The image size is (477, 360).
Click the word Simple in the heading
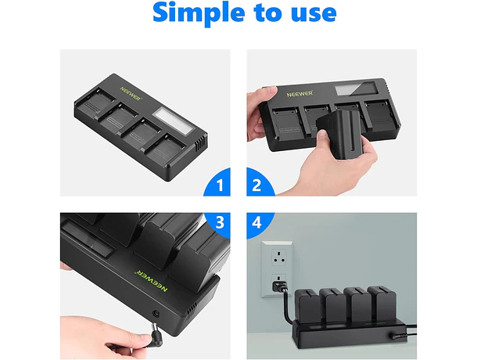199,13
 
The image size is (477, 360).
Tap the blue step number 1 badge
218,184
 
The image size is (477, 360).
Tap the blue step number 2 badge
259,184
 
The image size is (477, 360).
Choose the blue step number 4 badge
258,223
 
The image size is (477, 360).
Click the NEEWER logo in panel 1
131,94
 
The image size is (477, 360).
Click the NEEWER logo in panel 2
299,93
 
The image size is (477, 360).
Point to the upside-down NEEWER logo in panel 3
151,280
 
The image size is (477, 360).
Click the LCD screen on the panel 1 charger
173,121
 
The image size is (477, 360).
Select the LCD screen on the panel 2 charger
356,88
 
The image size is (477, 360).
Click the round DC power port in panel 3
156,313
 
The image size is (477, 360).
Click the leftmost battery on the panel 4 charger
309,304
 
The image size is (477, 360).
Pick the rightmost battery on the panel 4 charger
381,302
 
